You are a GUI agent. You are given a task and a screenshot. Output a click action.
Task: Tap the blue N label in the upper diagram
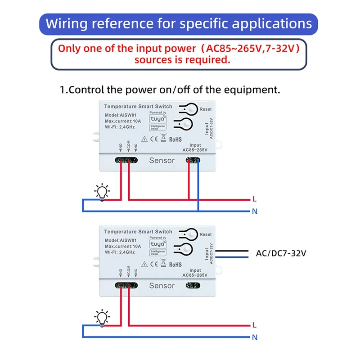click(x=255, y=211)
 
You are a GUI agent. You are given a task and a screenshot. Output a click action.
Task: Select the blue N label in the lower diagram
click(x=255, y=337)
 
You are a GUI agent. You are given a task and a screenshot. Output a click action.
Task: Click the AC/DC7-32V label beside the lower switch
click(x=281, y=254)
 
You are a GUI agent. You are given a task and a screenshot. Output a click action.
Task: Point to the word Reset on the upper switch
click(x=206, y=109)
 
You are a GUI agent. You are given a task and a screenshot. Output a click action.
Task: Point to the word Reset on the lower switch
click(x=206, y=234)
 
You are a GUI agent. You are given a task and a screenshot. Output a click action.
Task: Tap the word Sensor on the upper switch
click(x=162, y=161)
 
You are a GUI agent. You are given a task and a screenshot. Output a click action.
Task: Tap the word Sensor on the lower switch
click(x=162, y=286)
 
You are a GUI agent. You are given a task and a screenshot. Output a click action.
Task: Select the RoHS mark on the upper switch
click(x=175, y=139)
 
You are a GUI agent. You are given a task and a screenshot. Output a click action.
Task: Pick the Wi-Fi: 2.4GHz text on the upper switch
click(x=120, y=127)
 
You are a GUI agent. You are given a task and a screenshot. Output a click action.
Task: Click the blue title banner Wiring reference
click(x=179, y=24)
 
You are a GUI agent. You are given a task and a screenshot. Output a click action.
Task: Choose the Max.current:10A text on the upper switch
click(x=123, y=121)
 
